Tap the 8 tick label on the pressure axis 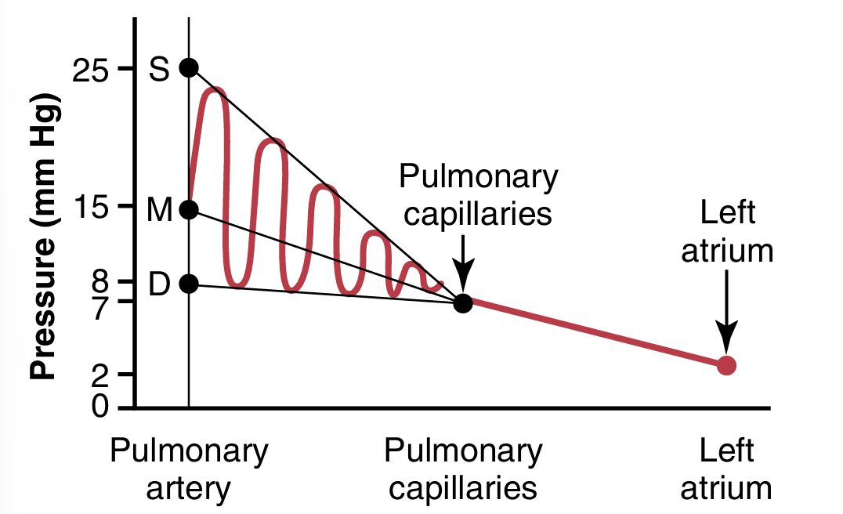tap(99, 281)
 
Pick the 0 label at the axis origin tap(99, 406)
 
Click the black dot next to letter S tap(189, 67)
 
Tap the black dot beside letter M tap(189, 209)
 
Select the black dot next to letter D tap(189, 284)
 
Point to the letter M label tap(159, 210)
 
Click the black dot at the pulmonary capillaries tap(463, 302)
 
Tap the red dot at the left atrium tap(726, 364)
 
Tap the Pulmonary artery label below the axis tap(189, 469)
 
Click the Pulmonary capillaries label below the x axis tap(463, 469)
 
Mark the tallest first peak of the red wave tap(215, 91)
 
